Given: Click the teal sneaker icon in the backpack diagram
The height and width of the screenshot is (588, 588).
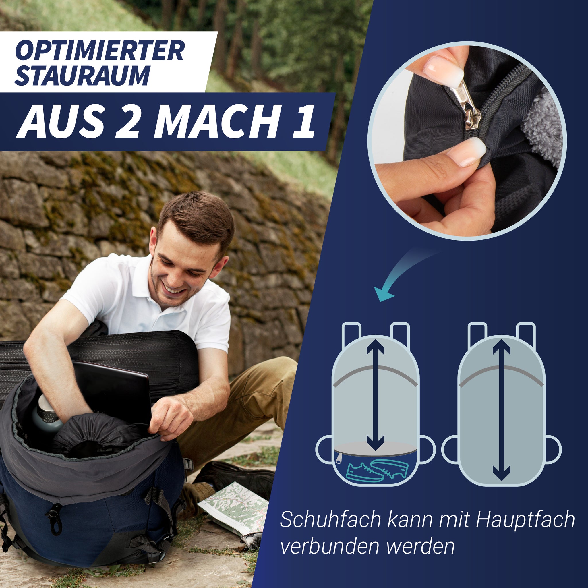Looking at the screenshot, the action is (x=377, y=469).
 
